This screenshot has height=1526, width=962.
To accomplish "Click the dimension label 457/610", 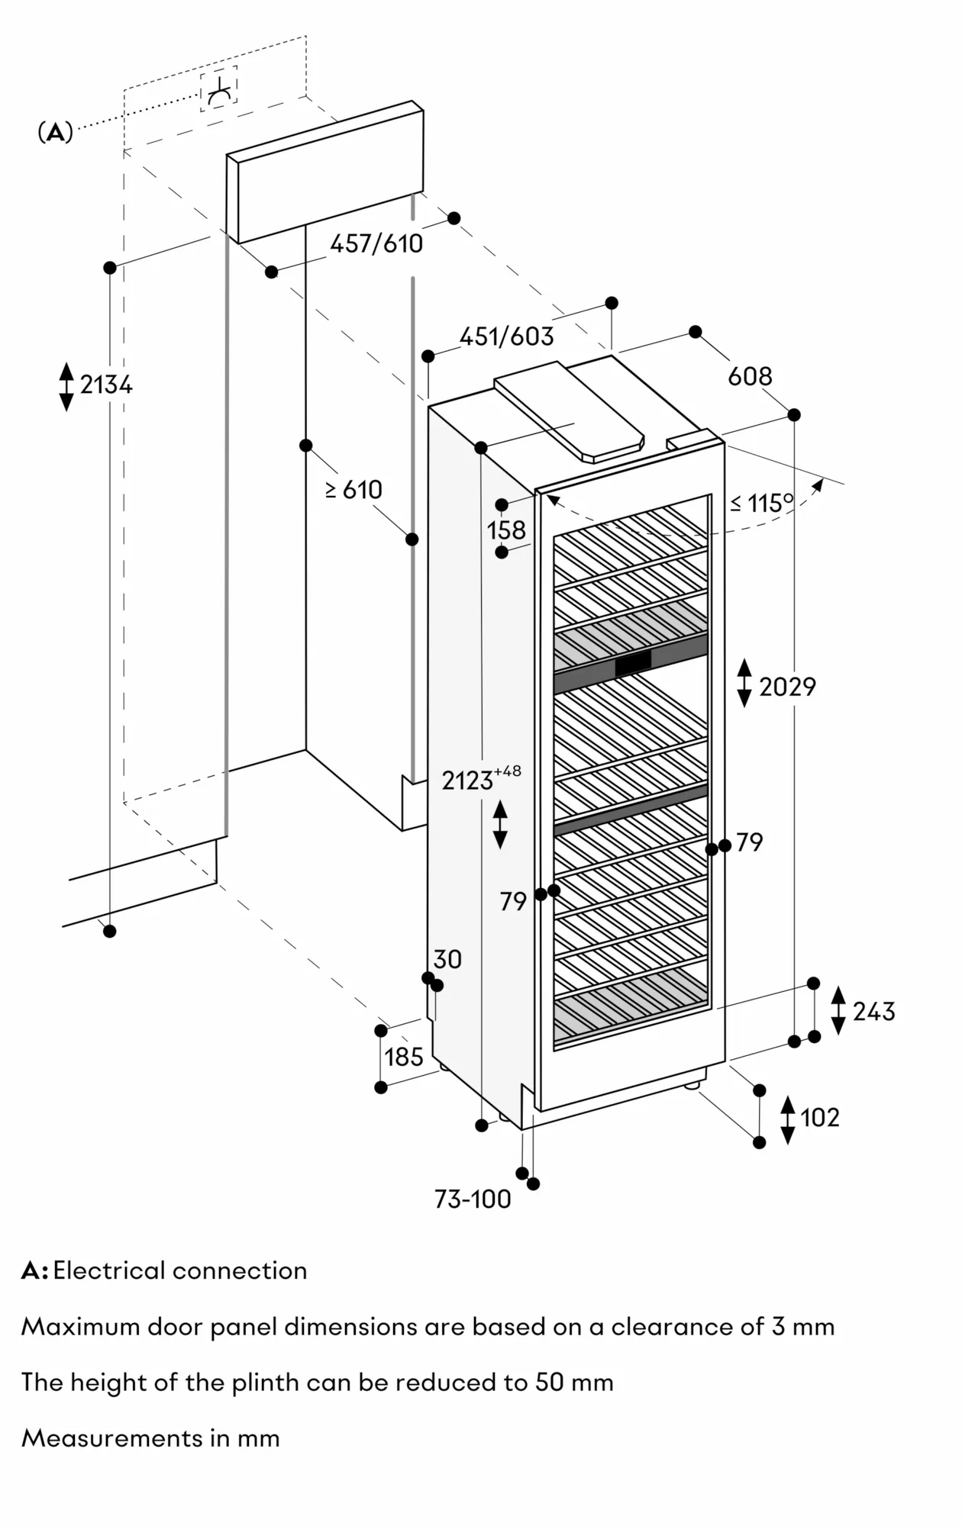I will [x=376, y=243].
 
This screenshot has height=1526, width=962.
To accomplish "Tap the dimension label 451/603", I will [x=506, y=336].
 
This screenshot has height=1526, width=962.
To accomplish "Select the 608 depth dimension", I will [x=750, y=376].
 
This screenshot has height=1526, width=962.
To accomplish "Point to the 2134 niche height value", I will [x=106, y=385].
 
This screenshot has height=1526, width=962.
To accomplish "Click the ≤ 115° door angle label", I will [x=762, y=503].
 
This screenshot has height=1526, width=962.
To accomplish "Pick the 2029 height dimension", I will [x=787, y=687].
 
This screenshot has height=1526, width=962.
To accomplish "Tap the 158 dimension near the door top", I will [x=507, y=530].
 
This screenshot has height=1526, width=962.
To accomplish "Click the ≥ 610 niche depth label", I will [x=354, y=490].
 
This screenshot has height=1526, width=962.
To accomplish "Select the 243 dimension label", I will [x=873, y=1012].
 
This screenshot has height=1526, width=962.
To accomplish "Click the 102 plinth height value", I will [x=819, y=1118].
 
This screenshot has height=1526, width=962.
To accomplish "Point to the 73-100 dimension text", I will [x=473, y=1199].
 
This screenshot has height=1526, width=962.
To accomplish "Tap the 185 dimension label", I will [x=403, y=1057].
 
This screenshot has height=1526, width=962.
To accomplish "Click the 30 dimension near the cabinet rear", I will [x=447, y=959].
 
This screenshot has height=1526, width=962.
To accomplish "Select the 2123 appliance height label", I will [x=467, y=781].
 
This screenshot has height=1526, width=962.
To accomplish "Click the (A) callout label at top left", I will [x=55, y=133].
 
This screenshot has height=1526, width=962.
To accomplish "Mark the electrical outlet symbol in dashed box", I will [x=219, y=90].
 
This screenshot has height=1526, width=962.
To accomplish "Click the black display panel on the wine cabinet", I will [x=633, y=664].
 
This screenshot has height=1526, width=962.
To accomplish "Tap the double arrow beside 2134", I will [x=66, y=387].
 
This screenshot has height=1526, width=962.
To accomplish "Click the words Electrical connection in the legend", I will [x=180, y=1270].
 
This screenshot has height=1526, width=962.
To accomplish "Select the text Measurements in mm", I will [x=150, y=1438].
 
